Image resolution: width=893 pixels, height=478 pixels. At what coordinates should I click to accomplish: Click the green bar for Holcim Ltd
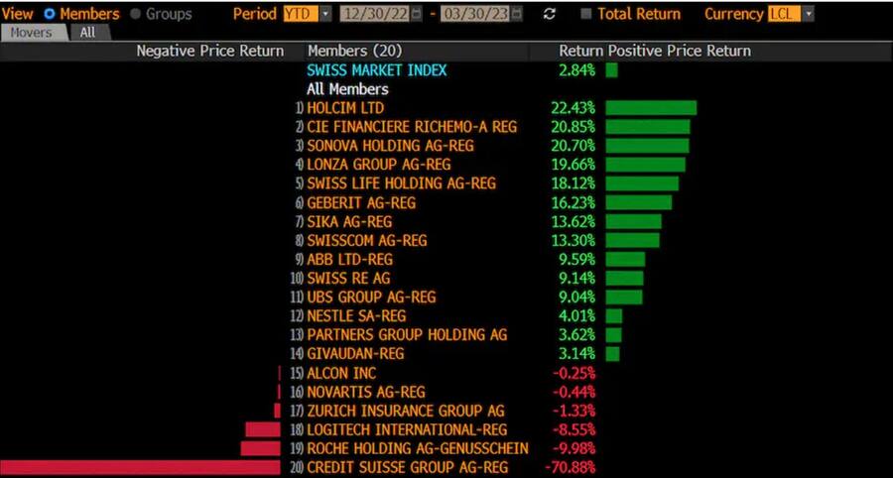coord(651,108)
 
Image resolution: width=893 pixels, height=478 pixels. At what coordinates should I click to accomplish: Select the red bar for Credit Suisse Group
coord(140,467)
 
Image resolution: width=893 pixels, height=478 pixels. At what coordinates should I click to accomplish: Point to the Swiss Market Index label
coord(376,70)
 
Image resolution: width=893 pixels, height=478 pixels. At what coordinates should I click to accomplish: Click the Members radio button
coord(50,14)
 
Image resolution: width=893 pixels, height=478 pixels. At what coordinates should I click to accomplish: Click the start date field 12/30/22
coord(374,14)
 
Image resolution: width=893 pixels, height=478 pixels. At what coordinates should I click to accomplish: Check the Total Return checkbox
coord(586,14)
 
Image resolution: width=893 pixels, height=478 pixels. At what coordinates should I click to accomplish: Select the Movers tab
coord(32,32)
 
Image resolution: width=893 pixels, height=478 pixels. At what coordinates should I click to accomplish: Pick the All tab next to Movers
coord(88,32)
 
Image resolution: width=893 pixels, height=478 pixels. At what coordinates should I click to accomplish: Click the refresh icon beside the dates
coord(550,14)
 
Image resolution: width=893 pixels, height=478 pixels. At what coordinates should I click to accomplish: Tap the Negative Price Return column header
coord(209,51)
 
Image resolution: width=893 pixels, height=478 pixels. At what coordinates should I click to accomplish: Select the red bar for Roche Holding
coord(260,448)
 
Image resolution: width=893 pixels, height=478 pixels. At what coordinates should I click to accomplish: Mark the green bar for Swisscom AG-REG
coord(632,240)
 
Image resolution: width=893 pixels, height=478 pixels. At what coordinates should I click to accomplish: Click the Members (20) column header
coord(354,51)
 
